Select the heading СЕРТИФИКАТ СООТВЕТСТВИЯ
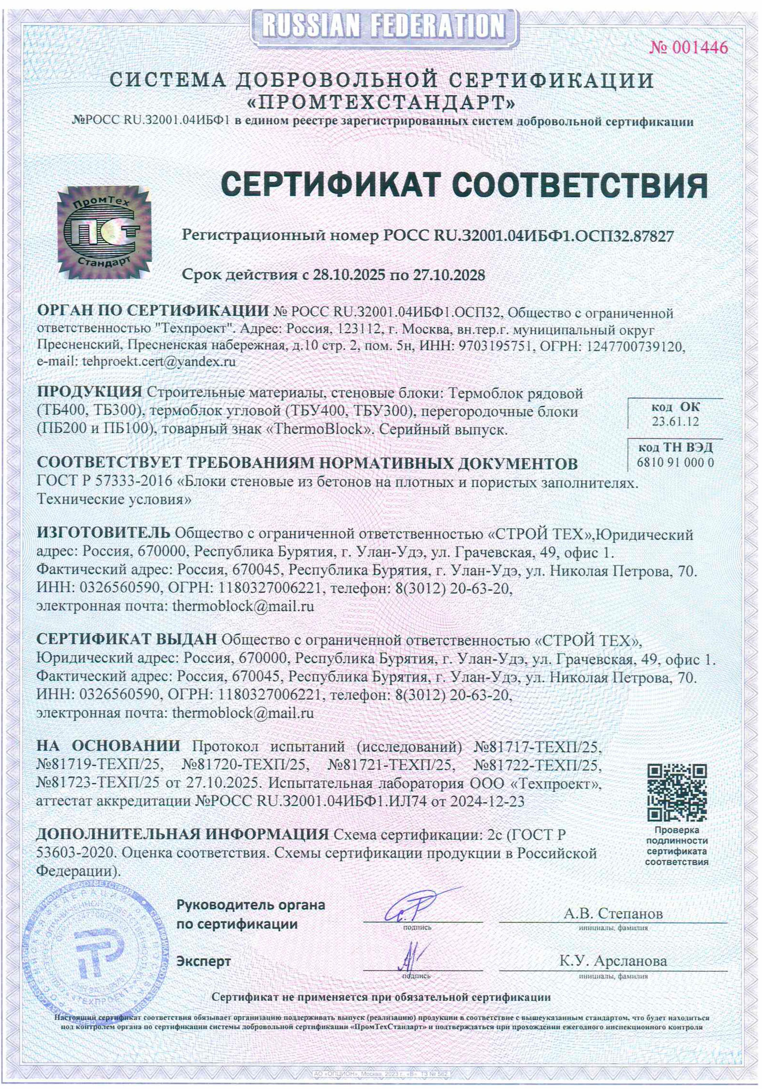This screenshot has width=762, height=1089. coord(464,184)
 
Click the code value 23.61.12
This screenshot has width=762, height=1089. coord(675,422)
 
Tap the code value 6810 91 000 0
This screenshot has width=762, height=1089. coord(675,462)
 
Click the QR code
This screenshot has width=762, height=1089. coord(677,792)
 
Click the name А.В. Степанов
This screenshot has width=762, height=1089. coord(613,913)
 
